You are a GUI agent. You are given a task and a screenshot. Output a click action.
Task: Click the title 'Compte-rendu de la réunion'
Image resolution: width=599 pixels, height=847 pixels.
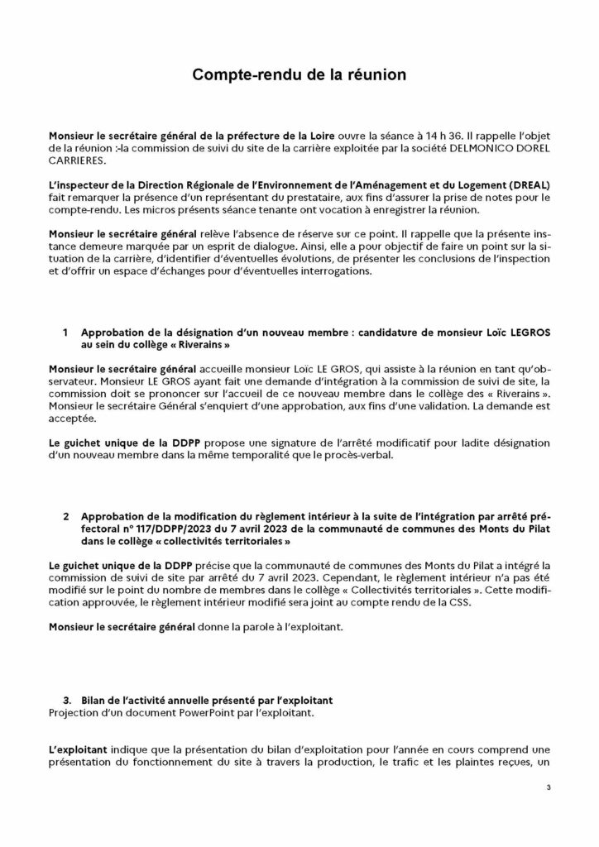299,75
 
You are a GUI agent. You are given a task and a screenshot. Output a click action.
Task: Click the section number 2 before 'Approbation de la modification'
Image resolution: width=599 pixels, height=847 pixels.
65,517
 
